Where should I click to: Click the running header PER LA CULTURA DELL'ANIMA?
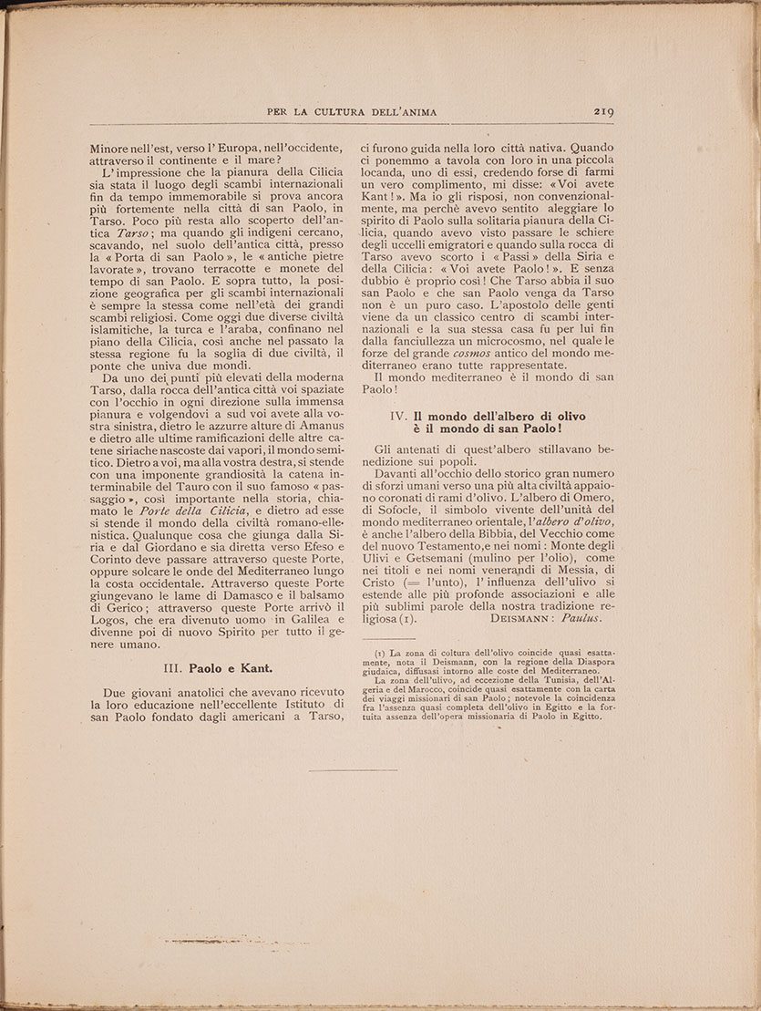(352, 112)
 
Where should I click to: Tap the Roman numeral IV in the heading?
(397, 416)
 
